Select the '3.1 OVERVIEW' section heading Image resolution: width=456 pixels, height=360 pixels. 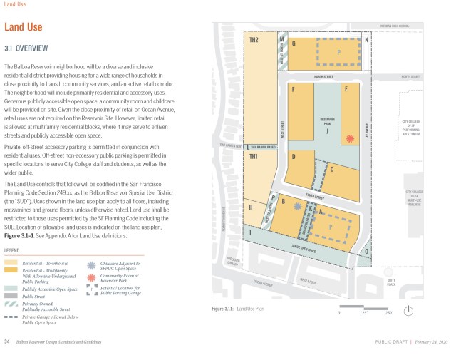coord(26,49)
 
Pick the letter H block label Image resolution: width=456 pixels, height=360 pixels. coord(251,207)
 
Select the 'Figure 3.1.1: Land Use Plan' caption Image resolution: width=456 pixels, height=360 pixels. coord(239,309)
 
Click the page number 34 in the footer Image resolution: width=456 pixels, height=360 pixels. coord(7,342)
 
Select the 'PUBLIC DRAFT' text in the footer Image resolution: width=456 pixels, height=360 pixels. coord(391,343)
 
